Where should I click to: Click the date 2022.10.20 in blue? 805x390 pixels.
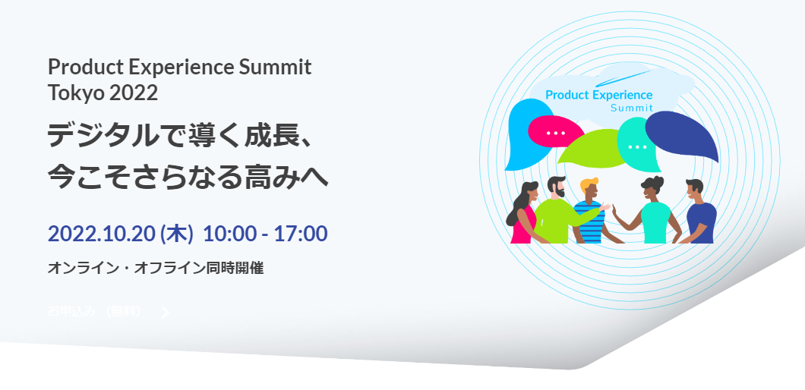pyautogui.click(x=100, y=233)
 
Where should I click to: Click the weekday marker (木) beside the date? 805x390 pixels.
pyautogui.click(x=176, y=233)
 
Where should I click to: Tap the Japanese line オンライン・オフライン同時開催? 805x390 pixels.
pyautogui.click(x=155, y=268)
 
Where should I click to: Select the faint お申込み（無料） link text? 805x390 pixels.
pyautogui.click(x=95, y=311)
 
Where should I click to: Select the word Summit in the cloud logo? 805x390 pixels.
pyautogui.click(x=632, y=108)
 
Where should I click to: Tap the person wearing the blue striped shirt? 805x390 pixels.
pyautogui.click(x=589, y=216)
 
